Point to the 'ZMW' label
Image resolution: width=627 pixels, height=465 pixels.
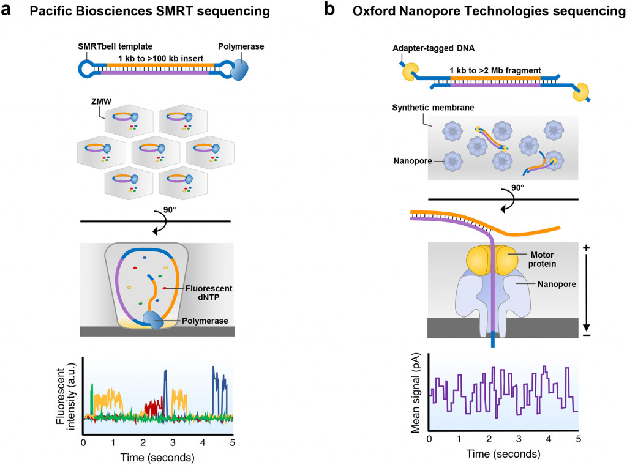(x=95, y=102)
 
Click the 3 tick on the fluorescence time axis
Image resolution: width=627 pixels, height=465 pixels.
(x=173, y=442)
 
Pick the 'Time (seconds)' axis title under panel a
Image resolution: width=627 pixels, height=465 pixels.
(x=157, y=456)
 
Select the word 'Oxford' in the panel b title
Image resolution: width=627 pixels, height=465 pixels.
(x=374, y=11)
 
